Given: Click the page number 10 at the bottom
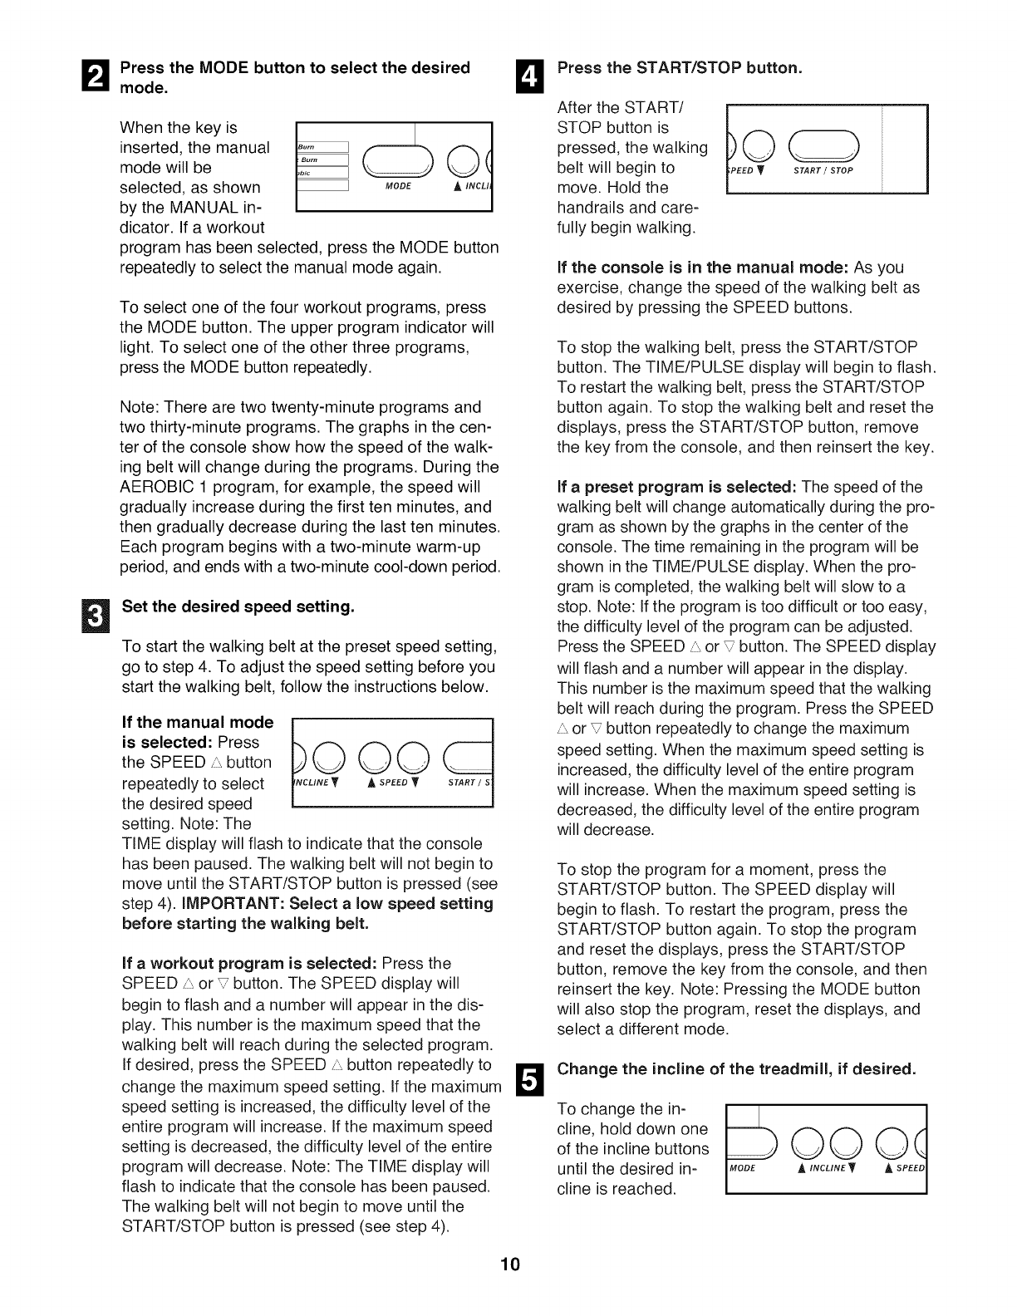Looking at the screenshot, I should pyautogui.click(x=509, y=1264).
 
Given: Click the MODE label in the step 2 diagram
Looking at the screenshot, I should pyautogui.click(x=399, y=186).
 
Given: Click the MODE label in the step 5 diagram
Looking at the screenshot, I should pyautogui.click(x=741, y=1169).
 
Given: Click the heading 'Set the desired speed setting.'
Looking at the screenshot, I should pyautogui.click(x=238, y=606).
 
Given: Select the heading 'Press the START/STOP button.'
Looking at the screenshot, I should pyautogui.click(x=679, y=67).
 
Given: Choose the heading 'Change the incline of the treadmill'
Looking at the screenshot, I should pyautogui.click(x=736, y=1068).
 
